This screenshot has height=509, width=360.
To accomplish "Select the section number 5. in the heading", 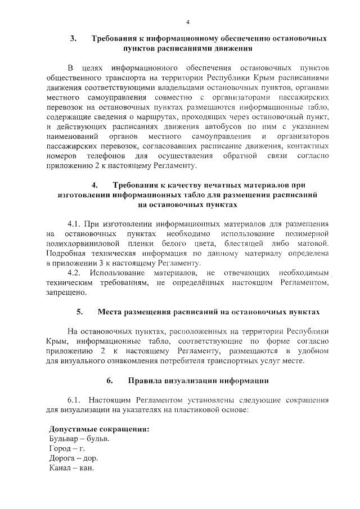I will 79,311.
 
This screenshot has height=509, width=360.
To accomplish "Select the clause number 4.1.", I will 75,223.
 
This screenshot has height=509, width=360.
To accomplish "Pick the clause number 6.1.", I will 75,399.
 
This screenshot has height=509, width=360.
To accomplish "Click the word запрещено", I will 67,292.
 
